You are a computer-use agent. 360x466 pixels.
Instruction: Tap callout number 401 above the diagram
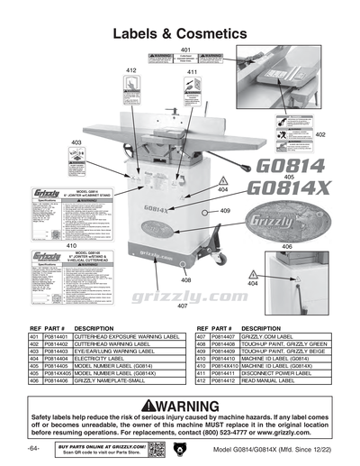tap(185, 49)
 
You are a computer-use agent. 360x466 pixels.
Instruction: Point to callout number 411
tap(192, 71)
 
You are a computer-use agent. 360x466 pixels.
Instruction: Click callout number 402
tap(319, 133)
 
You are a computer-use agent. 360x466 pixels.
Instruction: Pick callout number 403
tap(76, 143)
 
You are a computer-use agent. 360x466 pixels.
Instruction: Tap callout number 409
tap(225, 210)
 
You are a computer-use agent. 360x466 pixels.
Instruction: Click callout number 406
tap(287, 246)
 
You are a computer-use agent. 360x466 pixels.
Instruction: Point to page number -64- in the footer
tap(33, 449)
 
